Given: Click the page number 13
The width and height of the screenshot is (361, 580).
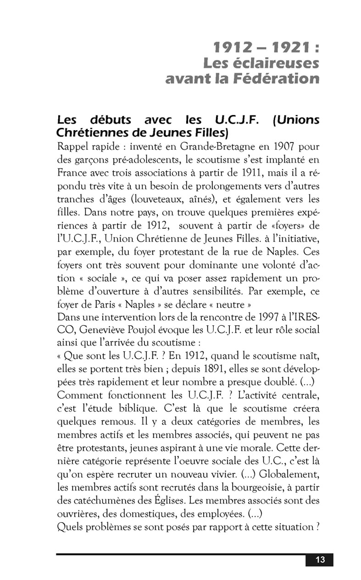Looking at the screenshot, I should click(320, 559).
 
